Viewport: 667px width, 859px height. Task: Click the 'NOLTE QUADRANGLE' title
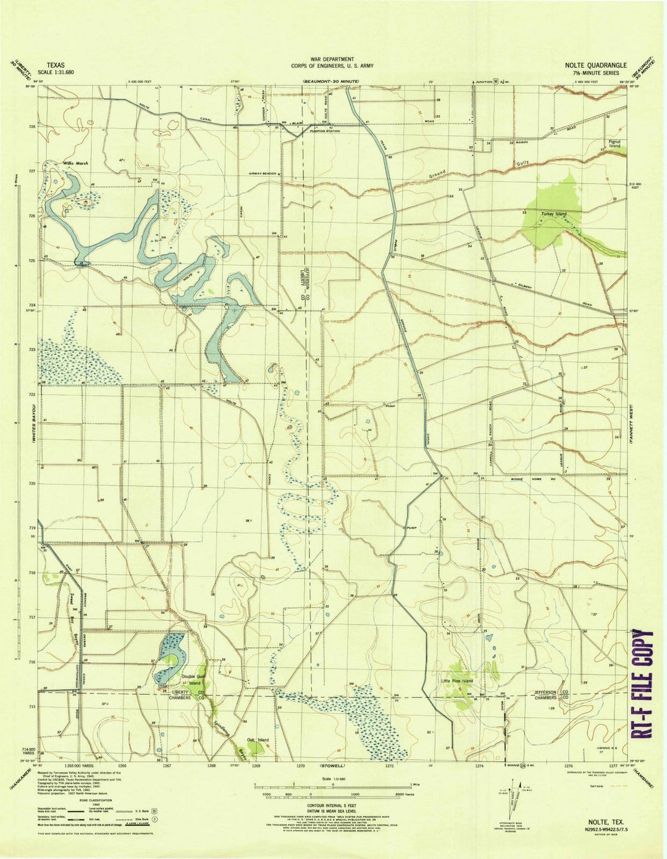pyautogui.click(x=595, y=65)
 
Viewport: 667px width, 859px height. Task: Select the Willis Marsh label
pyautogui.click(x=75, y=164)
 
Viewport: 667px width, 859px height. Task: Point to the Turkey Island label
pyautogui.click(x=553, y=214)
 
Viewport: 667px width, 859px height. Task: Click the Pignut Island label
pyautogui.click(x=613, y=143)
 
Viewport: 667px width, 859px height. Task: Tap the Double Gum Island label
pyautogui.click(x=191, y=679)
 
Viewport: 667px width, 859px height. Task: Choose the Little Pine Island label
pyautogui.click(x=457, y=681)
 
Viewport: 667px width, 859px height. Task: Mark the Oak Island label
pyautogui.click(x=258, y=740)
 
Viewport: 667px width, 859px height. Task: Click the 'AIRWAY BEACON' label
pyautogui.click(x=263, y=174)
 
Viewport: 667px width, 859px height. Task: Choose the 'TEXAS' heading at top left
pyautogui.click(x=55, y=64)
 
